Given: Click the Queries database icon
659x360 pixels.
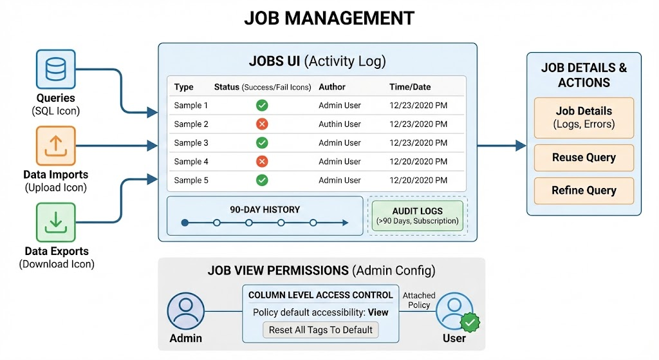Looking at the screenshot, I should [x=55, y=68].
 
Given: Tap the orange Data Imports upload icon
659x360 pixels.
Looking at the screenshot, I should [x=55, y=146].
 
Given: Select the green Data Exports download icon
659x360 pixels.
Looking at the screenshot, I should [x=55, y=223].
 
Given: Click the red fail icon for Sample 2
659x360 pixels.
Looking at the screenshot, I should [x=262, y=124].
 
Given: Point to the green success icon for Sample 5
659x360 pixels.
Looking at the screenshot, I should [x=262, y=180].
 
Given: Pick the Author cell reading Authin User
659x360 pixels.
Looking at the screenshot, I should [x=339, y=124].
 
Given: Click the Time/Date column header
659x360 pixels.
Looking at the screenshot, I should [x=410, y=87].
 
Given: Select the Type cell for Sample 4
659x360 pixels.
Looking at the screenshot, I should [x=191, y=162].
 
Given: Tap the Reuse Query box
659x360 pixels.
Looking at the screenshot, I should [x=584, y=158].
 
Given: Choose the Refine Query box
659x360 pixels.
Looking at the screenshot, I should [x=584, y=191].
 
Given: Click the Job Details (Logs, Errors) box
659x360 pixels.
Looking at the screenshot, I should [x=584, y=117].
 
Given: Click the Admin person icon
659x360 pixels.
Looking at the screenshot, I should [x=185, y=312].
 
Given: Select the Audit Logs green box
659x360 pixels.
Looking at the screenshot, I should [x=417, y=216].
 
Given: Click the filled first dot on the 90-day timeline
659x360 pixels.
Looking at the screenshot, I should [x=185, y=223].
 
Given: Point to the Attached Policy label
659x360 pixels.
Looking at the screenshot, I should [x=419, y=300].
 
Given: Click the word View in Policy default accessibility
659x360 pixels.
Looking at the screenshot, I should [x=378, y=312].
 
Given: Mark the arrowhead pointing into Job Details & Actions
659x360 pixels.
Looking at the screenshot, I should [x=521, y=146].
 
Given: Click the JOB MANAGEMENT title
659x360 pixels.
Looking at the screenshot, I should [x=329, y=18].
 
